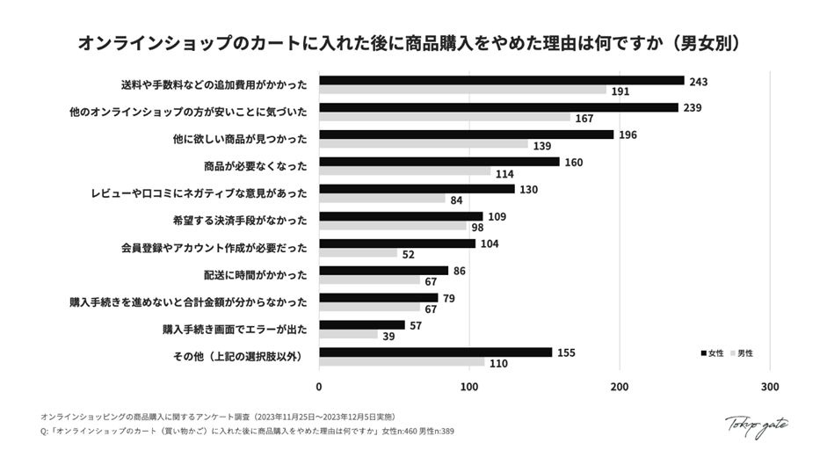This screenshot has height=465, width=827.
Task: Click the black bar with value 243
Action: (501, 81)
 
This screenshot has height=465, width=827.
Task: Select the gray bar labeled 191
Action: (462, 91)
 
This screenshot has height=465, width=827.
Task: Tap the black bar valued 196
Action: (466, 134)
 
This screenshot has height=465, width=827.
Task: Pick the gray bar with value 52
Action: (358, 253)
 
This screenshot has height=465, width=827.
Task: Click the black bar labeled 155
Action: (435, 352)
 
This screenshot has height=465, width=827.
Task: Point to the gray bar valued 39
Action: (348, 335)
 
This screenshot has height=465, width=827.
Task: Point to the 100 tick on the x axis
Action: (469, 387)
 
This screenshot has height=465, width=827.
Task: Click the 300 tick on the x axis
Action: (770, 387)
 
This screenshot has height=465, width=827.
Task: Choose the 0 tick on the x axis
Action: (319, 387)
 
